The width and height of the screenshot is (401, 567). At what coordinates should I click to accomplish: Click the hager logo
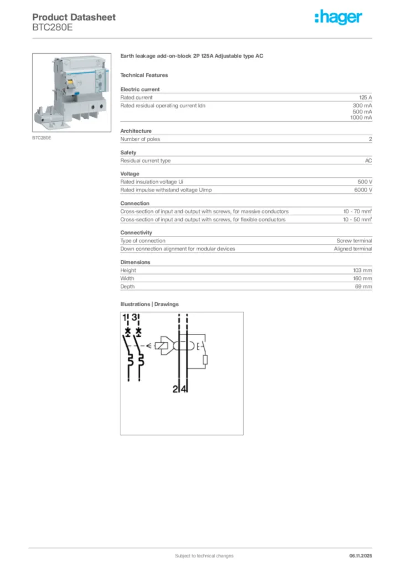tap(338, 18)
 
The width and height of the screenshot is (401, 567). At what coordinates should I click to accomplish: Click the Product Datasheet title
tap(74, 17)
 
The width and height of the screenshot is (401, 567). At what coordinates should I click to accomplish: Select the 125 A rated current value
tap(366, 97)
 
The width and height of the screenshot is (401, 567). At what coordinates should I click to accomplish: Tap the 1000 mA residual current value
tap(361, 118)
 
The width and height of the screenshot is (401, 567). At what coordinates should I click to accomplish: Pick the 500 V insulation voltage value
tap(364, 182)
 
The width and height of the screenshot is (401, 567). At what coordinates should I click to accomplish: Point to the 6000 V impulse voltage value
tap(363, 190)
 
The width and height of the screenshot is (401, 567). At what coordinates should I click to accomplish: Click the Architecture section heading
tap(136, 131)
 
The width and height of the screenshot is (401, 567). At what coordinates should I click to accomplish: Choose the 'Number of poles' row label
tap(140, 139)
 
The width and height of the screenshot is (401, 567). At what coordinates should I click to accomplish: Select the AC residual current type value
tap(368, 161)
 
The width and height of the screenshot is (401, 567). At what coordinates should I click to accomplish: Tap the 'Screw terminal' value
tap(354, 241)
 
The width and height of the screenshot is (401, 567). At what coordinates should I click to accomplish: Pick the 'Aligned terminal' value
tap(353, 249)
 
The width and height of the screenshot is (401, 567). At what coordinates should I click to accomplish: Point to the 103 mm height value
tap(363, 270)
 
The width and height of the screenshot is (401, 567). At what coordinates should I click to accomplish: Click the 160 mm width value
tap(363, 279)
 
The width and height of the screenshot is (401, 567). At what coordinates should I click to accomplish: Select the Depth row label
tap(127, 287)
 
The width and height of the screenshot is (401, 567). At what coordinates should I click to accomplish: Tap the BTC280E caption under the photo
tap(42, 137)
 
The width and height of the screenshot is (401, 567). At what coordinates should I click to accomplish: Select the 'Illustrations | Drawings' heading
tap(150, 305)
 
